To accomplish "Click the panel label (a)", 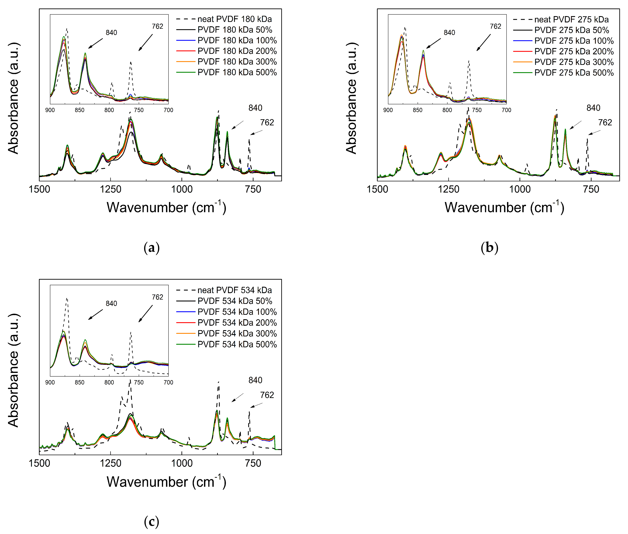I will [x=151, y=248].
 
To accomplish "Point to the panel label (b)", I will [x=489, y=248].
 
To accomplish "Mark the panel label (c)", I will [x=151, y=521].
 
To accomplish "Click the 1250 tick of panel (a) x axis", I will [x=111, y=189].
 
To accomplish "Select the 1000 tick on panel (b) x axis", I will [x=520, y=189].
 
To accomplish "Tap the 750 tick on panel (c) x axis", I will [x=253, y=463].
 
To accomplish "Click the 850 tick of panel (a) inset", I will [x=80, y=110].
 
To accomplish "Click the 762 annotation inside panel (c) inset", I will [x=157, y=297].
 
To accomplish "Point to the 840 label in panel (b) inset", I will [x=449, y=33].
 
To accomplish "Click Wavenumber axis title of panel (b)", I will [x=504, y=208].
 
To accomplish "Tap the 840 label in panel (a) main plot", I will [x=255, y=108].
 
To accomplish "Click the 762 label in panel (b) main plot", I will [x=605, y=123].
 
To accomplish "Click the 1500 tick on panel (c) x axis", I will [x=39, y=463].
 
